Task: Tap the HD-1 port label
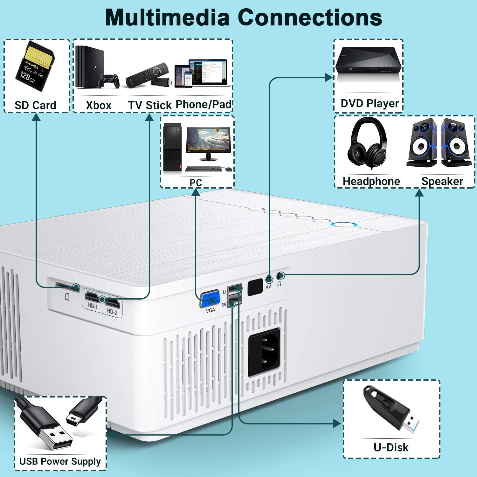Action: [93, 306]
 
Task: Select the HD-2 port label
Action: [112, 312]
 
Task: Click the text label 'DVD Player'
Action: [370, 103]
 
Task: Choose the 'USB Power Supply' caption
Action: [60, 461]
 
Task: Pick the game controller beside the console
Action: [108, 81]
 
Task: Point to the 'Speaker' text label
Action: [442, 181]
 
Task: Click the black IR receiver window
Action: [255, 287]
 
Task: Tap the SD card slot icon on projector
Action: [67, 297]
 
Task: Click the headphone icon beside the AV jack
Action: [279, 283]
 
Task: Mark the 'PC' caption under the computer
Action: [196, 183]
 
